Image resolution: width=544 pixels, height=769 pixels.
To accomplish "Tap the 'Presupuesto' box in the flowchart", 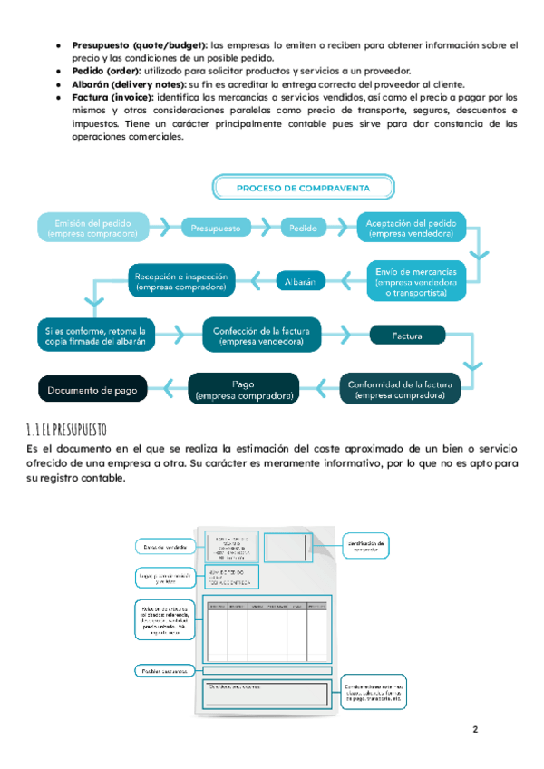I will (x=215, y=229).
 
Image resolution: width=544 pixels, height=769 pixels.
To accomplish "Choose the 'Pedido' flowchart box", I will (x=303, y=229).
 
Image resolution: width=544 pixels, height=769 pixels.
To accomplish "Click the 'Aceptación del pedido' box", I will (x=411, y=228).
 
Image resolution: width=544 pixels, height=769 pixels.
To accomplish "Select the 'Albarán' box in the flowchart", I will (x=298, y=282).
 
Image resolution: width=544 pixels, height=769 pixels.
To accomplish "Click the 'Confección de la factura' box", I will (x=261, y=336).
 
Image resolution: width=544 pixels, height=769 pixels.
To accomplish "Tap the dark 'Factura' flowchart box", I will (x=407, y=336).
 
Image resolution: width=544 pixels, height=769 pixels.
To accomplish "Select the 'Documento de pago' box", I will (x=93, y=390).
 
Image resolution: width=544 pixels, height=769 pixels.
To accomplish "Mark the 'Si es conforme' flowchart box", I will (x=95, y=336).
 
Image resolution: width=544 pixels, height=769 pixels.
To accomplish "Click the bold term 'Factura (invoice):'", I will (x=112, y=96).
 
